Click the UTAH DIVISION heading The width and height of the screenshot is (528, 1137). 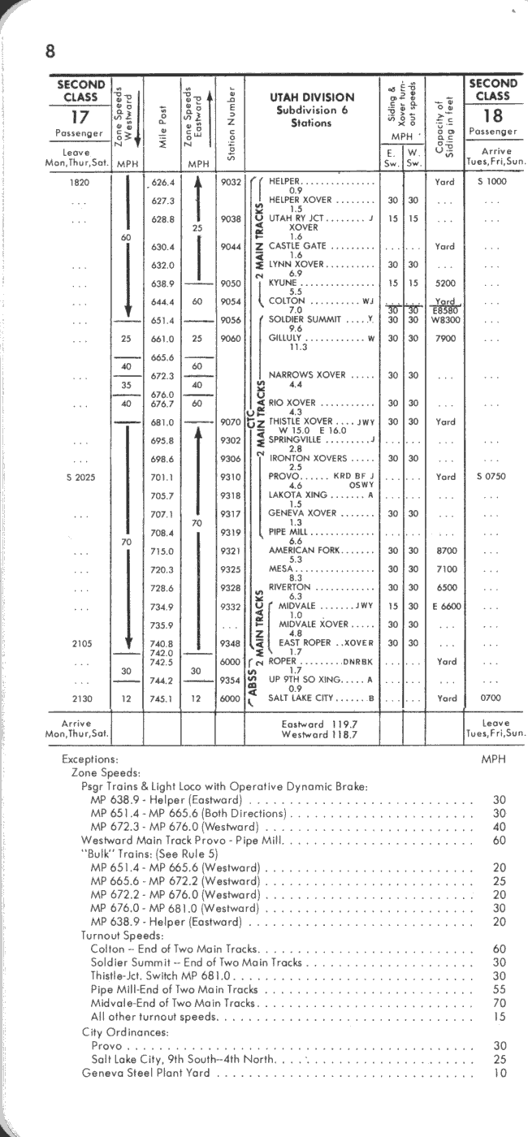[312, 97]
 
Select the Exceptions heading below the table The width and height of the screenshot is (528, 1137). [90, 759]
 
